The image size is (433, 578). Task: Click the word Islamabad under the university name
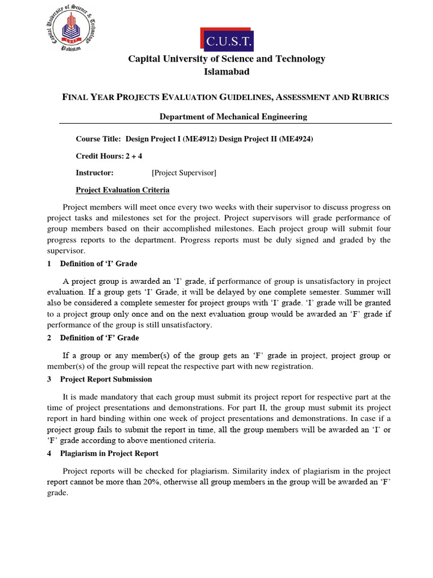click(226, 72)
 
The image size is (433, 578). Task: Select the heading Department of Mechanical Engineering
click(233, 117)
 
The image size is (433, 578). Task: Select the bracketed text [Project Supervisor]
click(184, 173)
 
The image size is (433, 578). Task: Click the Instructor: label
click(95, 173)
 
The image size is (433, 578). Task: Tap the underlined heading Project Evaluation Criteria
click(122, 190)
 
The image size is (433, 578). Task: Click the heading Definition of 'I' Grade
click(99, 264)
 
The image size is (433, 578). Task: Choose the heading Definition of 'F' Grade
click(99, 338)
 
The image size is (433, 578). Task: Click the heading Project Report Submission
click(106, 379)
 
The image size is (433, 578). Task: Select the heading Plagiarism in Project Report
click(109, 453)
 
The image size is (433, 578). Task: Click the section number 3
click(50, 379)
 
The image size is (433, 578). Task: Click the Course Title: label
click(99, 139)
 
